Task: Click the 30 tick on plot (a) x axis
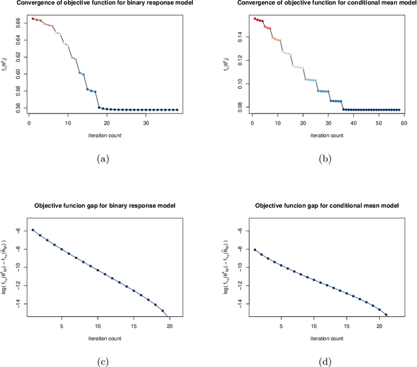(x=146, y=121)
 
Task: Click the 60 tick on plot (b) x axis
(x=404, y=121)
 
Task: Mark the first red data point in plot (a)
(x=33, y=18)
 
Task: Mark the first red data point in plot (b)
(x=254, y=18)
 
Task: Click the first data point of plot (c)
(x=33, y=230)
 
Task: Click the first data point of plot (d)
(x=255, y=249)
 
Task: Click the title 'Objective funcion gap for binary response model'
(x=104, y=207)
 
